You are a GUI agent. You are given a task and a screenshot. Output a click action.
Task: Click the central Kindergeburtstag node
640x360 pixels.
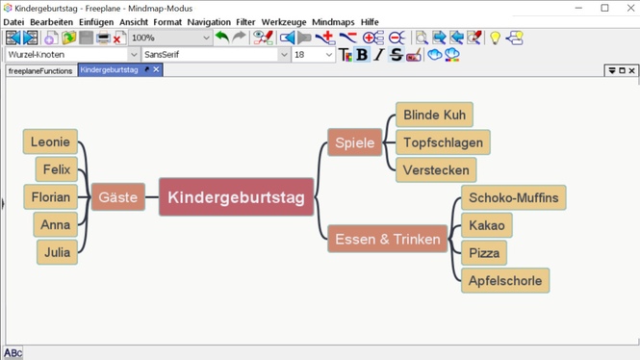pos(236,197)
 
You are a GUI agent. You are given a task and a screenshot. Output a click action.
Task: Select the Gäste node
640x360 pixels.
pos(117,197)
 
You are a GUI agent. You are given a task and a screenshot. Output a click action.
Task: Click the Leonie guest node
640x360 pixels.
pos(50,141)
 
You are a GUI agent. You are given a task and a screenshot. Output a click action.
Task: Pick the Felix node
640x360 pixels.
pos(57,169)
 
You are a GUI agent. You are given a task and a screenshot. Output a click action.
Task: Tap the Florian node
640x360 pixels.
pos(50,197)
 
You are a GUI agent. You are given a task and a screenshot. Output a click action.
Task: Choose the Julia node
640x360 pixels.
pos(57,252)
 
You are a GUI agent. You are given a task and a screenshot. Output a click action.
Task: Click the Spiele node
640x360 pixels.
pos(355,142)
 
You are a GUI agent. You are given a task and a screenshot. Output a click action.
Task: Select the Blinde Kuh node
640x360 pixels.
pos(434,115)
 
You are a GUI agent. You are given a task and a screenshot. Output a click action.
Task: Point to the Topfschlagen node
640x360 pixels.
pos(443,142)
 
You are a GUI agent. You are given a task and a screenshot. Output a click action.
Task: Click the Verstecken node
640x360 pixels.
pos(436,170)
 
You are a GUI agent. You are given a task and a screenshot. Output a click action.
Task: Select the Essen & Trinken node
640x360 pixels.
pos(388,239)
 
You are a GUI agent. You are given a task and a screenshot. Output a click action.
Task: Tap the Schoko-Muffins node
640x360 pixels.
pos(513,198)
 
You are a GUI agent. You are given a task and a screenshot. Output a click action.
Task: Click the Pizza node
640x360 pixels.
pos(484,253)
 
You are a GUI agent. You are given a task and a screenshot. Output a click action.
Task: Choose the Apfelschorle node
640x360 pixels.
pos(505,281)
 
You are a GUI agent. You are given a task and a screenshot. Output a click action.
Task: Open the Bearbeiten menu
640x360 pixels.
pos(51,22)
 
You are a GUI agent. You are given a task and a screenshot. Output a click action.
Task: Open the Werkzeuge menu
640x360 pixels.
pos(284,22)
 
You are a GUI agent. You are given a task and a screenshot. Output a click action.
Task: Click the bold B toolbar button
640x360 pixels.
pos(362,55)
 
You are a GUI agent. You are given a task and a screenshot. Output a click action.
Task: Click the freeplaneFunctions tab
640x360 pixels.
pos(40,70)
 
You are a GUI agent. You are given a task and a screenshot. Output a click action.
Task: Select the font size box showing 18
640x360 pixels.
pos(312,55)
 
